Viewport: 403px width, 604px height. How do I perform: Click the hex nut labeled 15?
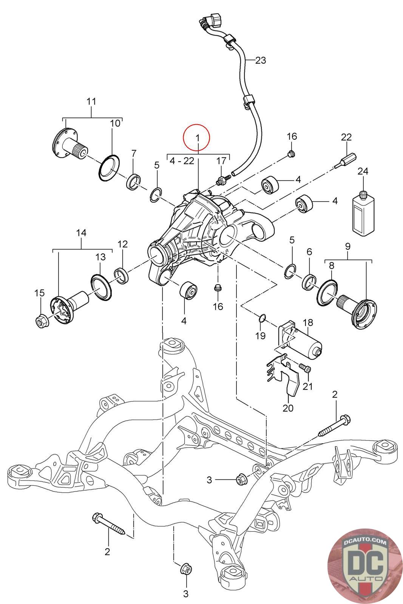[40, 321]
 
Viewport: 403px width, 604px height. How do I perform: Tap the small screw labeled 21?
[305, 368]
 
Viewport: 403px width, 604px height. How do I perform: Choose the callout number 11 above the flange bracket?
[91, 102]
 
